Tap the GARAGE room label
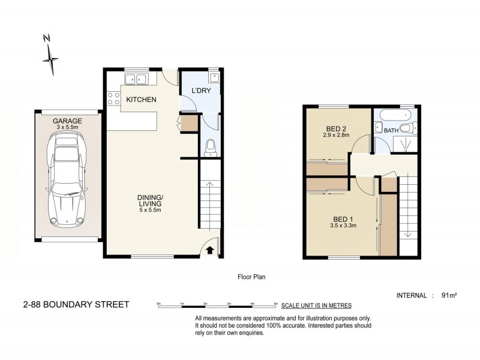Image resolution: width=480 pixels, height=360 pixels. [x=67, y=121]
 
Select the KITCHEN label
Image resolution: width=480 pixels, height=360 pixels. [x=142, y=100]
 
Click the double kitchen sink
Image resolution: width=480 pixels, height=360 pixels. [x=136, y=79]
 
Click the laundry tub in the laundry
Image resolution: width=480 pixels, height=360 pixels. [x=214, y=77]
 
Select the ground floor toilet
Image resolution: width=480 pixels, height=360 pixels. [x=209, y=146]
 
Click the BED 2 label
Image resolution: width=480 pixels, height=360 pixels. [x=335, y=130]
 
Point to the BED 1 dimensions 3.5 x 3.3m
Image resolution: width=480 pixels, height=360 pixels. [x=343, y=226]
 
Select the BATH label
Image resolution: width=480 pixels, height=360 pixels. [x=391, y=130]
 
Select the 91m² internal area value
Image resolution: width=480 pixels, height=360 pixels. [x=449, y=295]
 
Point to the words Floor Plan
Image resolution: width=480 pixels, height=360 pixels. [x=252, y=277]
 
